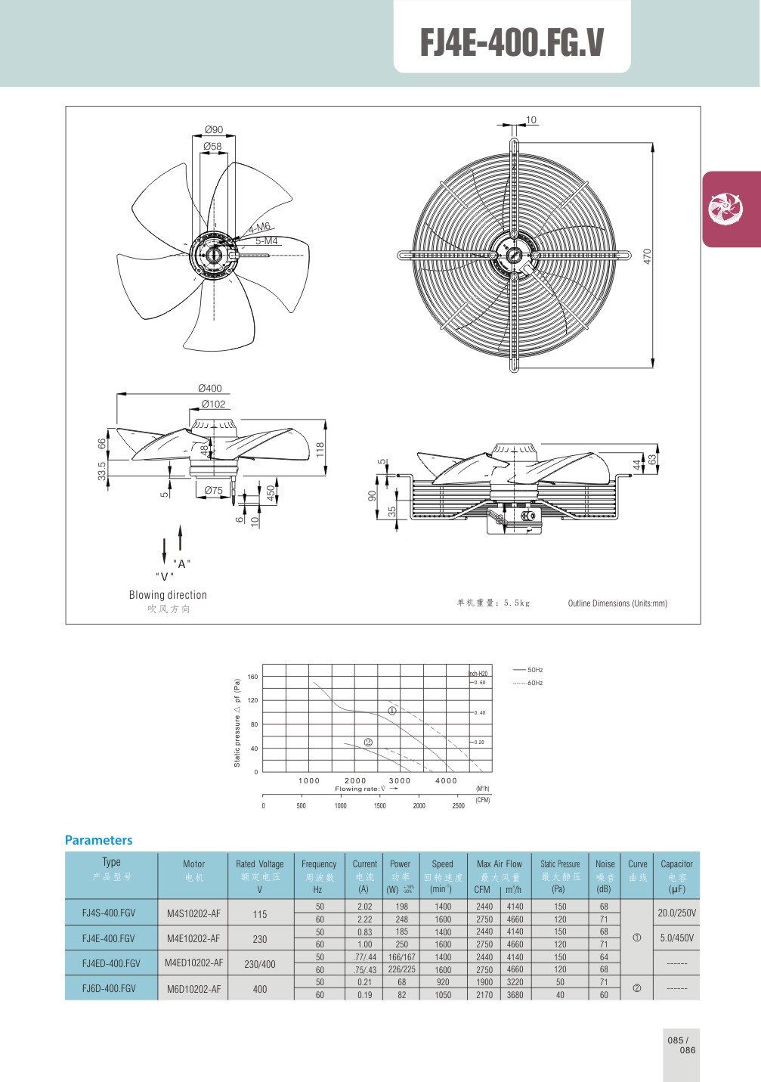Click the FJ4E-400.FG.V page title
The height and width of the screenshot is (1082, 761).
[x=512, y=42]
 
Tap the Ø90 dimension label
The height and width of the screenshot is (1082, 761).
[x=213, y=130]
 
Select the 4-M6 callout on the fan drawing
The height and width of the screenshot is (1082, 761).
[x=259, y=227]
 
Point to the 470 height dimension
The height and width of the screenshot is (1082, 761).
[x=647, y=256]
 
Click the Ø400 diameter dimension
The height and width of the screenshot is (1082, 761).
[x=209, y=389]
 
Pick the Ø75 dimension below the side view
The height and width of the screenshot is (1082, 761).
[x=213, y=491]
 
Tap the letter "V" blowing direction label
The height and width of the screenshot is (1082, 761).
[x=165, y=576]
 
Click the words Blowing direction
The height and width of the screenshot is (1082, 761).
[x=168, y=595]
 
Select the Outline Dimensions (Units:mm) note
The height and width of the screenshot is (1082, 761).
[x=617, y=603]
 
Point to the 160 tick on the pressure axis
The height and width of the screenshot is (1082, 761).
[x=252, y=677]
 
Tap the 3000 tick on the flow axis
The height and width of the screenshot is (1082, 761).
[x=400, y=781]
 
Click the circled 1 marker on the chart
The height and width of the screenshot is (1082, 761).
[x=392, y=711]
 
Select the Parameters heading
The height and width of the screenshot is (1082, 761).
[x=98, y=840]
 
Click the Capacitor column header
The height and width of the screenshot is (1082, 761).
[x=676, y=864]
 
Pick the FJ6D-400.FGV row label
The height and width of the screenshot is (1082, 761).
[x=109, y=988]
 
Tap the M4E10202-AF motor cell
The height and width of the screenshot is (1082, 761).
[x=193, y=938]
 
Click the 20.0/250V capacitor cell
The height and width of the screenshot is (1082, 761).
[x=676, y=913]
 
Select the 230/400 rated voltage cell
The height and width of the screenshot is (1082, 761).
[x=259, y=964]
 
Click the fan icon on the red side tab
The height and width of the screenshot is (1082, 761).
[x=725, y=208]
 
